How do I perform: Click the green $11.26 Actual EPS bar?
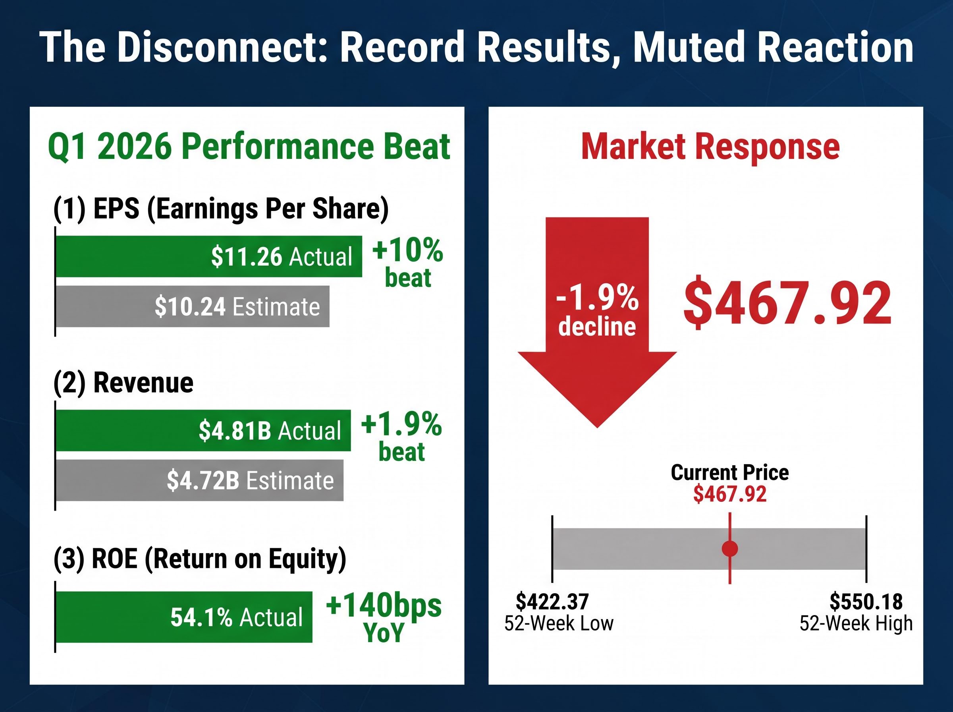coord(209,256)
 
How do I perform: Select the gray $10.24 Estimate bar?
coord(193,306)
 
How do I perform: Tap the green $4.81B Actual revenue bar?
coord(203,431)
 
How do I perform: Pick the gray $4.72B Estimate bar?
coord(200,480)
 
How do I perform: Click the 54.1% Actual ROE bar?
coord(184,617)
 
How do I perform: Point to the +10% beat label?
coord(407,263)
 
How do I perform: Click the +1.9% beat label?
coord(401,437)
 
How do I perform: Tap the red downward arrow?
coord(597,322)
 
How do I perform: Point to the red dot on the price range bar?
coord(730,549)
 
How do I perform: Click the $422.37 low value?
coord(552,601)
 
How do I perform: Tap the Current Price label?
coord(730,473)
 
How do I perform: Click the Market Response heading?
coord(710,147)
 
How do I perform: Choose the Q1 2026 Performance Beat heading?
coord(249,147)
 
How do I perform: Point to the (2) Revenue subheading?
coord(123,382)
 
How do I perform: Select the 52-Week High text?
coord(856,623)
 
